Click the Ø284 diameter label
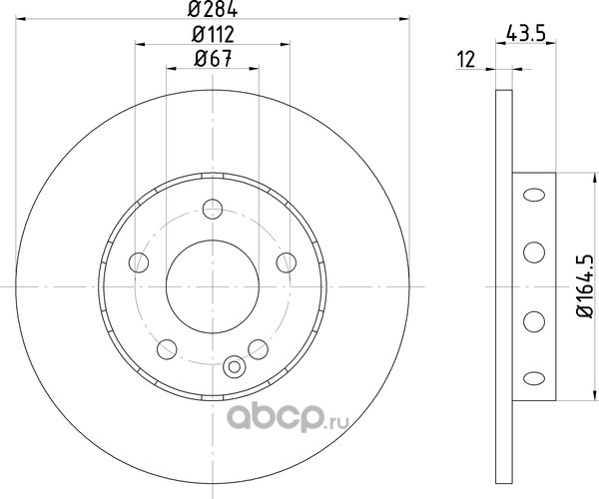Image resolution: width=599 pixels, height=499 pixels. pos(213,9)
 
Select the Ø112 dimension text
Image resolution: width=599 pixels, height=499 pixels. pos(213,35)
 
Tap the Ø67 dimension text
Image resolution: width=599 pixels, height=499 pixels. pos(213,59)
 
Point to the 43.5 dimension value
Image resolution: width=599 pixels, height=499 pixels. pos(525,34)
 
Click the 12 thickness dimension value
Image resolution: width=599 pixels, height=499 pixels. pos(466,60)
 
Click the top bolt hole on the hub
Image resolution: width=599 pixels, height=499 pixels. pos(213,209)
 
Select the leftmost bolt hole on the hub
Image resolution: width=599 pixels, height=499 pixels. pos(139,262)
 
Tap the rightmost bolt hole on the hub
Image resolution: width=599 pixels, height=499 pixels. pos(287,262)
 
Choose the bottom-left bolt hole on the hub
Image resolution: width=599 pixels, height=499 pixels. pos(167,349)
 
